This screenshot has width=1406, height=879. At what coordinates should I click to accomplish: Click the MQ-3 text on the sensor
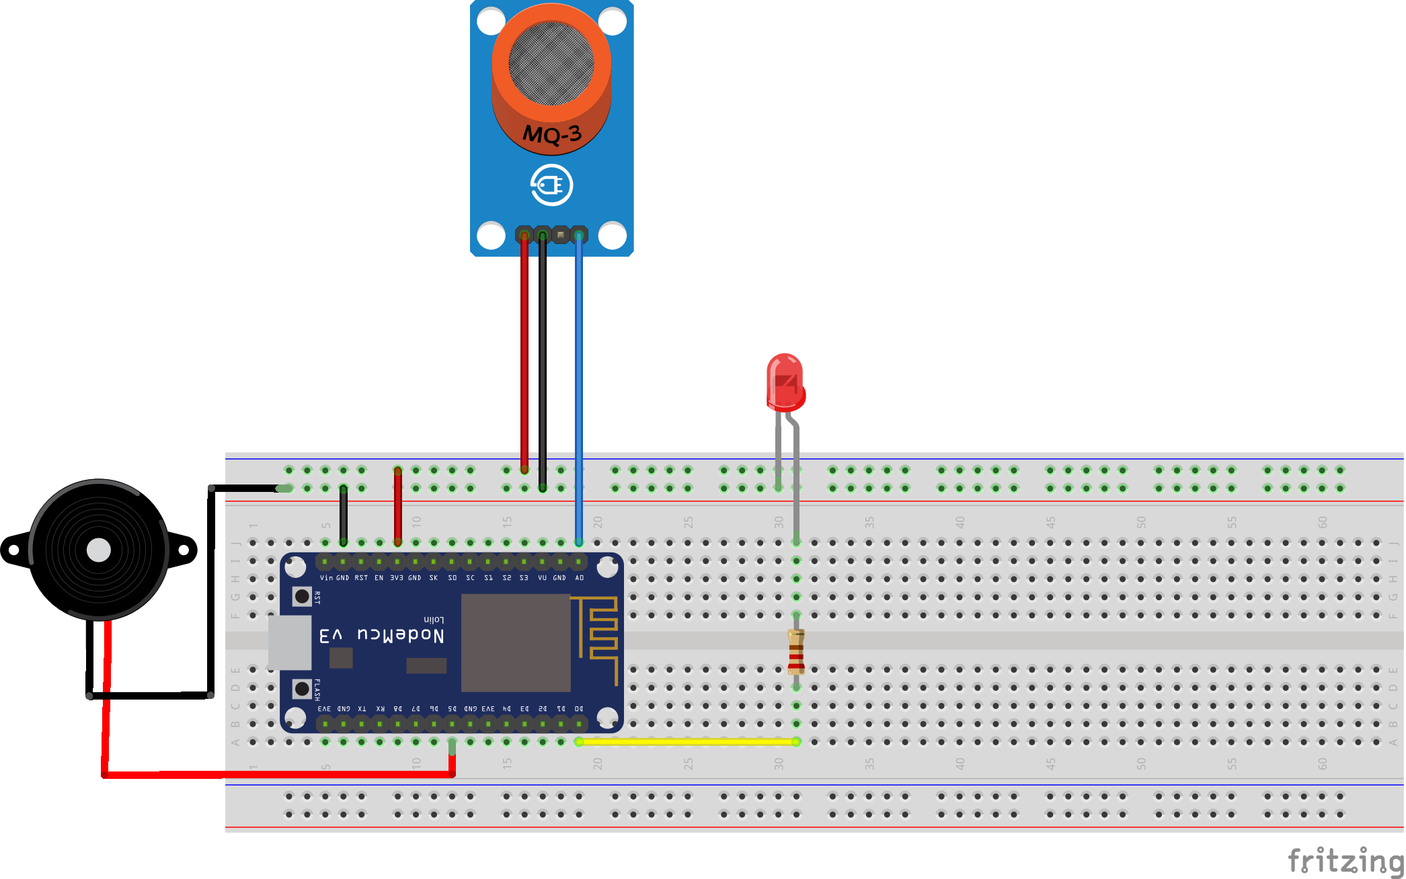click(x=552, y=134)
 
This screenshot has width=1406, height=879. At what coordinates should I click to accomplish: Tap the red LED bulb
click(x=785, y=382)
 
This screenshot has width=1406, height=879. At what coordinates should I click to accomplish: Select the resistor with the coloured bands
click(x=796, y=651)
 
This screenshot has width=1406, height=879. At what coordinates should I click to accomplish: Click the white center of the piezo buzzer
click(x=99, y=550)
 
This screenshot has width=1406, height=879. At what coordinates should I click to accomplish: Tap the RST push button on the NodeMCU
click(x=302, y=596)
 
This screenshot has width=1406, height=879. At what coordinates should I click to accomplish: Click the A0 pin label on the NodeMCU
click(x=580, y=578)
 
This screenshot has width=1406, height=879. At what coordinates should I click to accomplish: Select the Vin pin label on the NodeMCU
click(x=326, y=578)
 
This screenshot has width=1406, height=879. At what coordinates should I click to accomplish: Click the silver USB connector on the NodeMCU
click(x=290, y=642)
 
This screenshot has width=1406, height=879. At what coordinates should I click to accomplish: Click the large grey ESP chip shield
click(x=516, y=642)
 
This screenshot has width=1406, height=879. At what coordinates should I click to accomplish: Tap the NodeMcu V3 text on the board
click(x=381, y=635)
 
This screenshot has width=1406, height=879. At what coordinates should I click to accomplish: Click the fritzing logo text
click(x=1345, y=862)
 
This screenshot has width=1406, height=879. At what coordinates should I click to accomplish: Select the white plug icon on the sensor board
click(x=551, y=185)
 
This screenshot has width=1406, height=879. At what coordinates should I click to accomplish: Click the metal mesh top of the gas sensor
click(x=551, y=63)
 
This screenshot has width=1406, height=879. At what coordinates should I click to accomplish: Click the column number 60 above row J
click(x=1322, y=522)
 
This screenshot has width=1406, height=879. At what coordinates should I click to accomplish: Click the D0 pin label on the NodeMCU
click(x=579, y=709)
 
